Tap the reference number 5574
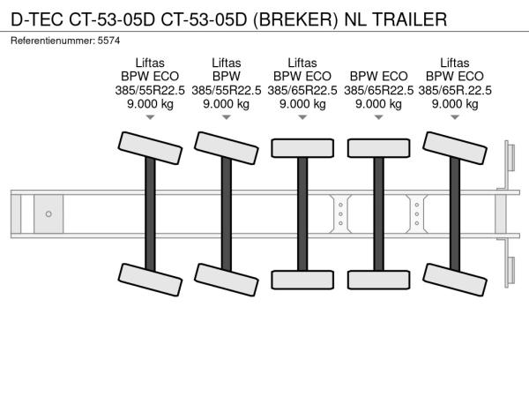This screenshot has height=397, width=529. click(110, 41)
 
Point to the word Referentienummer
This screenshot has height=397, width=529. click(52, 41)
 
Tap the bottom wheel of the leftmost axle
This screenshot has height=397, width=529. click(150, 281)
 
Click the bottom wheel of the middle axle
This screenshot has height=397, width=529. click(302, 280)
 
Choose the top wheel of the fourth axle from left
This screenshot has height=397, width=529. click(379, 146)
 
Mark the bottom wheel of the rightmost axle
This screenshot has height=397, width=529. click(455, 281)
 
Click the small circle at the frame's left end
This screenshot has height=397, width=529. click(48, 213)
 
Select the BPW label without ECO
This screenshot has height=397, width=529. click(226, 77)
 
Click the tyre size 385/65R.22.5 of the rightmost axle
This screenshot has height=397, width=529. click(455, 90)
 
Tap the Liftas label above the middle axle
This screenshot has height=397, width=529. click(302, 63)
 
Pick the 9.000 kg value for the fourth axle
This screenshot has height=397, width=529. click(379, 103)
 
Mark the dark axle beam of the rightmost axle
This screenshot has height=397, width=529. click(455, 213)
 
